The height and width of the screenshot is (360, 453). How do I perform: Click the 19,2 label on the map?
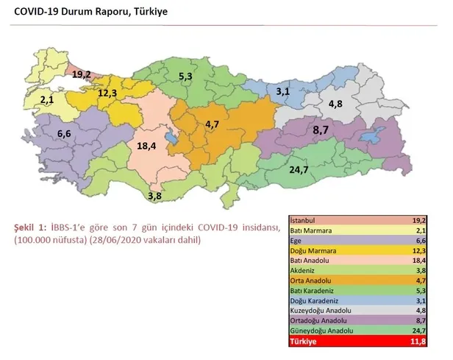[81, 74]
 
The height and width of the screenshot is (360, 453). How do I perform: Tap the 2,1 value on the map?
[47, 99]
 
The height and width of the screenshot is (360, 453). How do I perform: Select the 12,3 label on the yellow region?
[107, 93]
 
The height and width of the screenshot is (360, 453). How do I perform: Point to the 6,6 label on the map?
[64, 134]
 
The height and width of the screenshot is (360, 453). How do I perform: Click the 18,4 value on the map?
[147, 147]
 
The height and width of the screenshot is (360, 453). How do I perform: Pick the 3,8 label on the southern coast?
[154, 196]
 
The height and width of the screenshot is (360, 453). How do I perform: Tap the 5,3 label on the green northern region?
[185, 76]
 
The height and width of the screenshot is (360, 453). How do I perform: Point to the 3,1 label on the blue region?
[282, 92]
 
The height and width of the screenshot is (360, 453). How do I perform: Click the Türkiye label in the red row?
[305, 342]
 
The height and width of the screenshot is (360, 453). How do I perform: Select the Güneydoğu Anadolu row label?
[321, 332]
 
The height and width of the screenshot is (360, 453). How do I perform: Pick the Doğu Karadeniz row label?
[316, 301]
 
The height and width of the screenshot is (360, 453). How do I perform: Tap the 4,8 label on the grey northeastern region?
[335, 104]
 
